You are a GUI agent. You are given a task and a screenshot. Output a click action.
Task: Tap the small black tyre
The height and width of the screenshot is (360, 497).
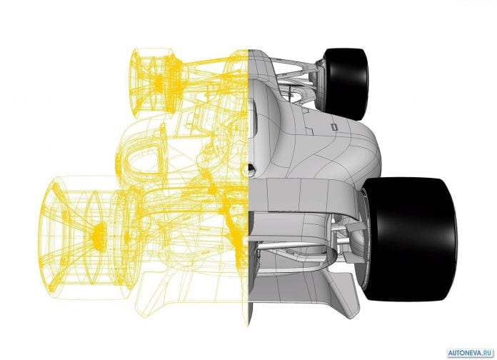pos(346,84)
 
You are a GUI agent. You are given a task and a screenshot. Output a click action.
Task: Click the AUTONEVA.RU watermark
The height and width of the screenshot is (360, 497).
pos(471,353)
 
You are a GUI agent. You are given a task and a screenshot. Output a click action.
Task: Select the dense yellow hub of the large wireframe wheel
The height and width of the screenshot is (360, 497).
pos(99,235)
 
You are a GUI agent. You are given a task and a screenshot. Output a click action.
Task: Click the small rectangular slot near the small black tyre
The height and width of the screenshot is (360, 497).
pos(333,127)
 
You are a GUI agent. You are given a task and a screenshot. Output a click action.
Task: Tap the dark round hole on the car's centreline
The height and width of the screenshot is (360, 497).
pos(251,169)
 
